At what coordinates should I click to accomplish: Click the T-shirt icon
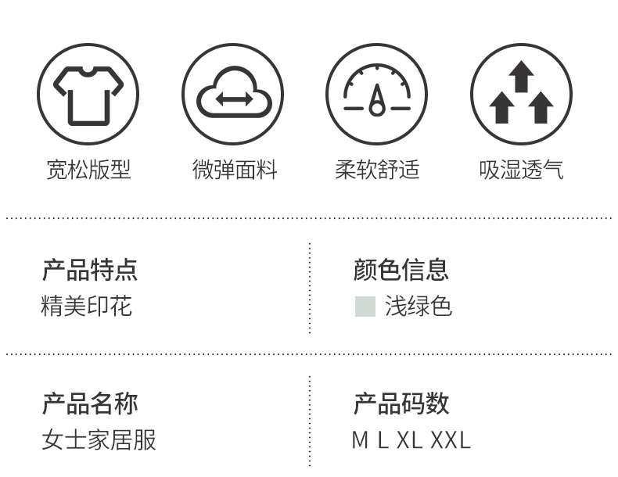click(x=88, y=94)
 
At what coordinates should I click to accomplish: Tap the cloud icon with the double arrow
click(x=233, y=94)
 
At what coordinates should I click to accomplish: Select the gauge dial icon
click(x=377, y=94)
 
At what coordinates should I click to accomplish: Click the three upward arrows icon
click(x=521, y=94)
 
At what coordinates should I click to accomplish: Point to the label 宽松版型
click(x=88, y=170)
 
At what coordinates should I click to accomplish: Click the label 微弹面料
click(x=234, y=170)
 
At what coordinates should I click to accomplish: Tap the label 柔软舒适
click(x=377, y=170)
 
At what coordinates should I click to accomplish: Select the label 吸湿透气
click(x=521, y=170)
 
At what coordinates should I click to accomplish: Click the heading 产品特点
click(x=89, y=270)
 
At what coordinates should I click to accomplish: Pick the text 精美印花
click(x=86, y=306)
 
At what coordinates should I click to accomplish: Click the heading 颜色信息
click(x=401, y=270)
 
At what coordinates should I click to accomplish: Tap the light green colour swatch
click(x=365, y=307)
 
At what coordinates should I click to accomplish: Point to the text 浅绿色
click(x=419, y=307)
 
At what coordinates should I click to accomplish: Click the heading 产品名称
click(x=89, y=403)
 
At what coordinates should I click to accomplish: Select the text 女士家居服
click(x=99, y=439)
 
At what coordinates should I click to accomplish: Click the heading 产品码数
click(x=401, y=403)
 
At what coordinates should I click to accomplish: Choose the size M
click(x=360, y=440)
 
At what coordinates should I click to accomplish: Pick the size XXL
click(x=451, y=440)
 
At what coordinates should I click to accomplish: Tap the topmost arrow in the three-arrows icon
click(x=521, y=77)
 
